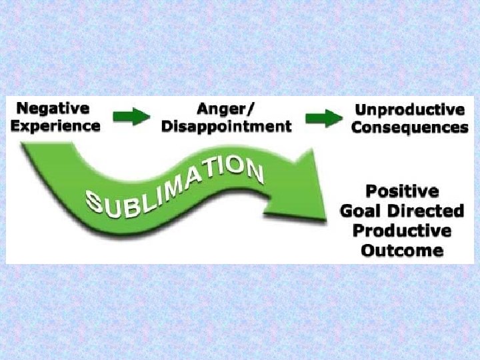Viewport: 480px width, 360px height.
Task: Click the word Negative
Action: [x=53, y=109]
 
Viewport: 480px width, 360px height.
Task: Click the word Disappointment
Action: [x=226, y=125]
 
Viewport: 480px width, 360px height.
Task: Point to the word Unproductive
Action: [x=409, y=110]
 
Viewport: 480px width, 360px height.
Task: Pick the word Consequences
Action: [x=409, y=127]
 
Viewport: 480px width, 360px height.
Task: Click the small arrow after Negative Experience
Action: [x=131, y=118]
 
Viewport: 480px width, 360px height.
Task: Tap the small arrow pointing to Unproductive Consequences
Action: [x=323, y=119]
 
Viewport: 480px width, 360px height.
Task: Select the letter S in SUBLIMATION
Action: [x=97, y=202]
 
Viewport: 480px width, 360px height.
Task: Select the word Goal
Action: [x=362, y=212]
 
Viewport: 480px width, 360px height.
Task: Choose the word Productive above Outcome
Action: [x=401, y=231]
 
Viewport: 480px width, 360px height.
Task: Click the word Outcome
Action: [x=401, y=251]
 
